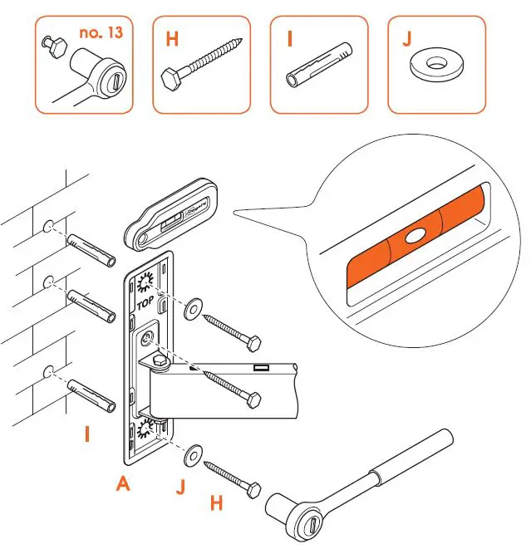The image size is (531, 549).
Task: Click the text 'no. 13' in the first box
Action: (x=103, y=33)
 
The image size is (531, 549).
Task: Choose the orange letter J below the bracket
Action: (x=180, y=488)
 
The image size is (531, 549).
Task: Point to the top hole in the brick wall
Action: (x=49, y=225)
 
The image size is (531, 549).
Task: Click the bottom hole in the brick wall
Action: (x=48, y=371)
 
